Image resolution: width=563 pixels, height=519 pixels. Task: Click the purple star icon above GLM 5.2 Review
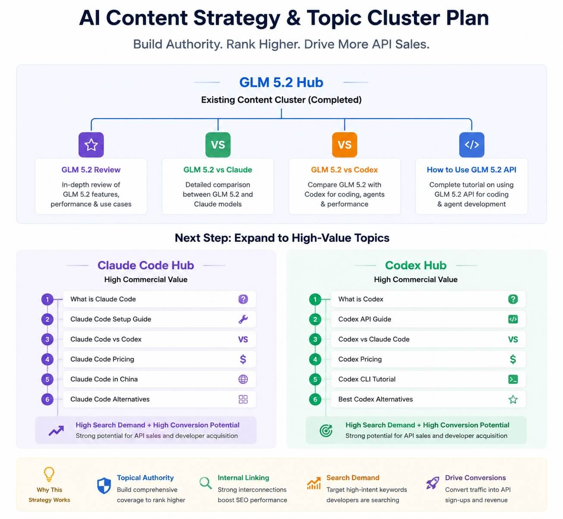point(91,145)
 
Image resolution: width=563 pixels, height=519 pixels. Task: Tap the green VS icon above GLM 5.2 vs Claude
point(218,145)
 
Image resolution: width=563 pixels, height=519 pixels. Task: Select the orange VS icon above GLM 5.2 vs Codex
point(344,145)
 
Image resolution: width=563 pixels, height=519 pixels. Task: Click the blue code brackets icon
point(472,145)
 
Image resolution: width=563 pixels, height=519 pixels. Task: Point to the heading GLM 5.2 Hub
point(281,82)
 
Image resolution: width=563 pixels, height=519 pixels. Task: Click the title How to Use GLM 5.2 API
point(472,169)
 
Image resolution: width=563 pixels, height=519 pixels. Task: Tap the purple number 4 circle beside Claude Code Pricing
point(47,360)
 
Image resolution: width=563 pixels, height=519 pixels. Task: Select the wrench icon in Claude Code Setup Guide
point(243,319)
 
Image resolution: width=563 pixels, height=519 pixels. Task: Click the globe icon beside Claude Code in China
point(243,379)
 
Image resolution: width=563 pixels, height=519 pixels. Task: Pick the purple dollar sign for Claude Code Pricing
point(243,360)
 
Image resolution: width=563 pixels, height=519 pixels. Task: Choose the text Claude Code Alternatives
point(110,399)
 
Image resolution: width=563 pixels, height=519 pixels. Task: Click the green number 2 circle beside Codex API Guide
point(315,319)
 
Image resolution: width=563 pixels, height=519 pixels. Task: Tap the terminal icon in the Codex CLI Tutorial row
point(513,379)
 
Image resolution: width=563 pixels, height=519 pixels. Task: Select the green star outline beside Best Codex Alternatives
point(513,399)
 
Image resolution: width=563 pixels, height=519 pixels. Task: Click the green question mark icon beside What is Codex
point(513,299)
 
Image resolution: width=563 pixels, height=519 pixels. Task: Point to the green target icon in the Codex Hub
point(326,431)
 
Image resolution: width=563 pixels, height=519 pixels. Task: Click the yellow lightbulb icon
point(49,474)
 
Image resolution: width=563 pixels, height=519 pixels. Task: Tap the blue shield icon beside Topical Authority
point(104,485)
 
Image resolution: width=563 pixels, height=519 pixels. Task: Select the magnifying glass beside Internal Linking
point(206,483)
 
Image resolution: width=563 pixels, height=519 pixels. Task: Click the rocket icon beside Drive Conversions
point(433,483)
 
